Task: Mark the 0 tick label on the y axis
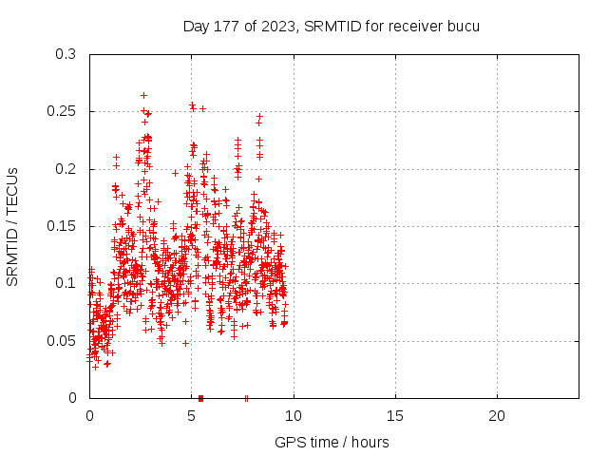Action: pos(73,397)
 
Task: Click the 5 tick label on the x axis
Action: pos(192,416)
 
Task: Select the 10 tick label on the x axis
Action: pos(294,416)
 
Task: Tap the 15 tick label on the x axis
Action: pos(395,416)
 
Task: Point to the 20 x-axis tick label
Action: pos(497,416)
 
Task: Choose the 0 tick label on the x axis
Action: pos(90,416)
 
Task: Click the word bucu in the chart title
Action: pos(465,26)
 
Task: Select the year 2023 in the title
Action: pos(271,26)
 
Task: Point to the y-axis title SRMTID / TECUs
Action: pos(13,226)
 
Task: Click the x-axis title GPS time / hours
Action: pos(332,442)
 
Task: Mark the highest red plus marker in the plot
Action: pos(143,95)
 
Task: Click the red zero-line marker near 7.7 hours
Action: pos(246,397)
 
